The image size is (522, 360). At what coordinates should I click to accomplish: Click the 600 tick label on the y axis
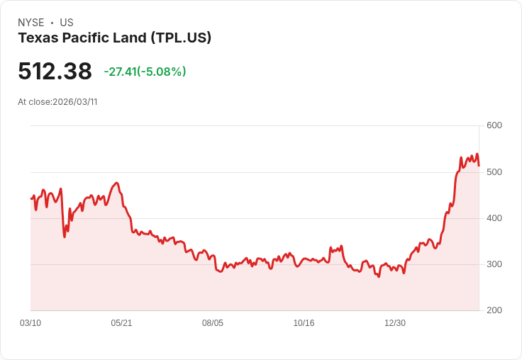coord(494,126)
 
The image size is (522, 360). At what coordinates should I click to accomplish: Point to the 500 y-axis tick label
coord(494,172)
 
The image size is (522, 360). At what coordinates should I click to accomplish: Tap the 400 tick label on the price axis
coord(494,218)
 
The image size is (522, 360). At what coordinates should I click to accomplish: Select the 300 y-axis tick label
coord(494,264)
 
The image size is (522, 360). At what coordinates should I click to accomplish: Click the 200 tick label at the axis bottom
coord(494,310)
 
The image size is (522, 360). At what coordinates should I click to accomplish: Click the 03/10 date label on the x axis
coord(30,323)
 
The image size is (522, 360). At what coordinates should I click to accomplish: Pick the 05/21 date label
coord(121,323)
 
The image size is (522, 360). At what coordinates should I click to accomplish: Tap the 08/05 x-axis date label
coord(213,323)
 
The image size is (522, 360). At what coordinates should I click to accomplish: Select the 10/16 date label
coord(304,323)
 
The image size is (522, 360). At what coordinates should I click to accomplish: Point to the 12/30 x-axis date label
coord(395,323)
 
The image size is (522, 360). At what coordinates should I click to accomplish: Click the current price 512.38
coord(55,72)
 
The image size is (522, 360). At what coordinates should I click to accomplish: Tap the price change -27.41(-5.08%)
coord(145,72)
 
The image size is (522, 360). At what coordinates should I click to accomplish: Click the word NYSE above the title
coord(31,23)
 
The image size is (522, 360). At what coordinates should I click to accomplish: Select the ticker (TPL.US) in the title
coord(181,38)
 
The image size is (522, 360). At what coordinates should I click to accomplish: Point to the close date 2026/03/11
coord(74,102)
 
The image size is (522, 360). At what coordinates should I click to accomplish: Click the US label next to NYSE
coord(67,23)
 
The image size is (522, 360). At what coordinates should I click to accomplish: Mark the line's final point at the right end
coord(479,166)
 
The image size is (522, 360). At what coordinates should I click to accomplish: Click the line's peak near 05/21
coord(116,183)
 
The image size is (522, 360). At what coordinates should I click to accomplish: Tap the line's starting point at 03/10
coord(30,198)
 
